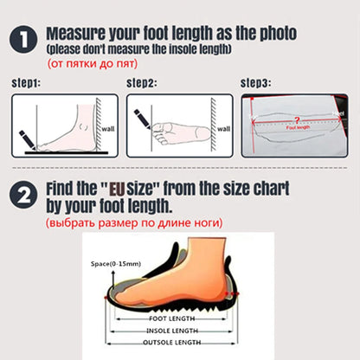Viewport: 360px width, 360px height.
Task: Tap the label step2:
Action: coord(141,84)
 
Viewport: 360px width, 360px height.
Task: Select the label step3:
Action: coord(256,84)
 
